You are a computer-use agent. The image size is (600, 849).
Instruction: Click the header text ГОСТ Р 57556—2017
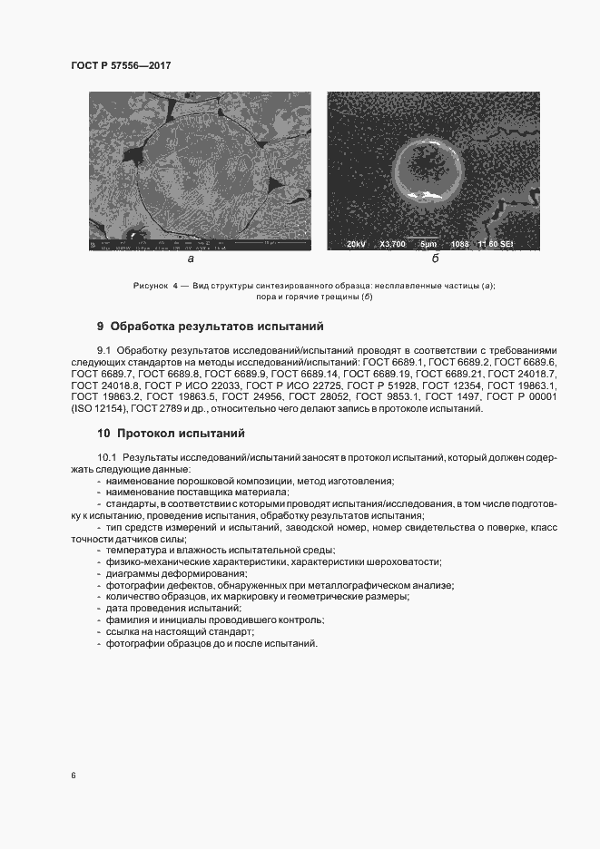121,65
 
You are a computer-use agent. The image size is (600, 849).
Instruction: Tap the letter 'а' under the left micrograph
191,259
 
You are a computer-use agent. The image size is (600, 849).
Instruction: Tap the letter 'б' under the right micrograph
435,259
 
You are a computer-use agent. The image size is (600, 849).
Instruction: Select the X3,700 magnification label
393,243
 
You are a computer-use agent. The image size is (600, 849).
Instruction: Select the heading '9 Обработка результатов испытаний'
210,326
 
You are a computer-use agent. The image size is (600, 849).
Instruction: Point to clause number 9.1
104,350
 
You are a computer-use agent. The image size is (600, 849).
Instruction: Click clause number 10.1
107,457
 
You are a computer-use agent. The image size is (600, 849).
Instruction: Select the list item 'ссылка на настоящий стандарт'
179,631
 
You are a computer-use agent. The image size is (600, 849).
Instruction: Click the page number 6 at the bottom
74,776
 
